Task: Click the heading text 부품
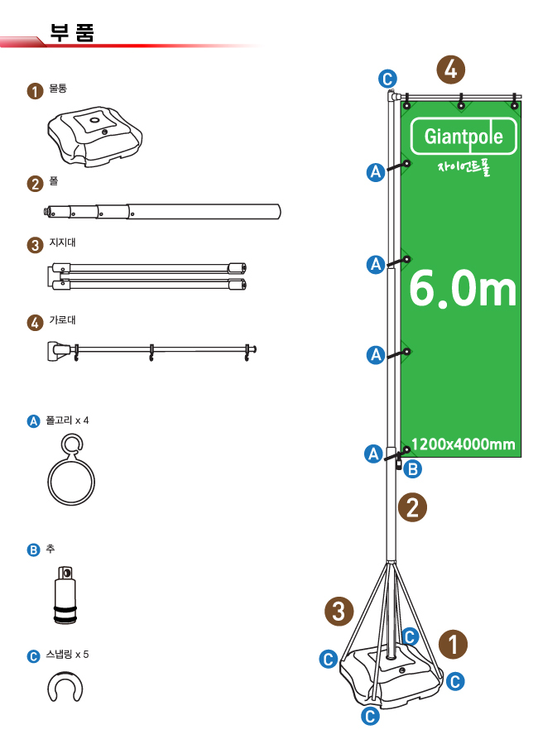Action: [72, 32]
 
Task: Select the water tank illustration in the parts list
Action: [95, 136]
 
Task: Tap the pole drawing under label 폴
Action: [162, 212]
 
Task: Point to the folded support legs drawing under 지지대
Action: [147, 276]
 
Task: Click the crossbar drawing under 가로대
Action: [151, 351]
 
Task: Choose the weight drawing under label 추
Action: [65, 595]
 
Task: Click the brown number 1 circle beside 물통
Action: [35, 91]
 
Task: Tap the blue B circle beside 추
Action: [33, 550]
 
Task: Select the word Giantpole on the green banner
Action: [464, 137]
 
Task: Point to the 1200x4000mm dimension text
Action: [463, 444]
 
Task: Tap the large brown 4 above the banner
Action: [450, 70]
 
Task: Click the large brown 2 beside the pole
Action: [413, 507]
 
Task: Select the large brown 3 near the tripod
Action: [339, 612]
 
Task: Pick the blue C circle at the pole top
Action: [387, 79]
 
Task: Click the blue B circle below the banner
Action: [413, 469]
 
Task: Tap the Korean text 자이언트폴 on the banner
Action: [464, 168]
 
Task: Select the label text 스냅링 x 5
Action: [67, 655]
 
